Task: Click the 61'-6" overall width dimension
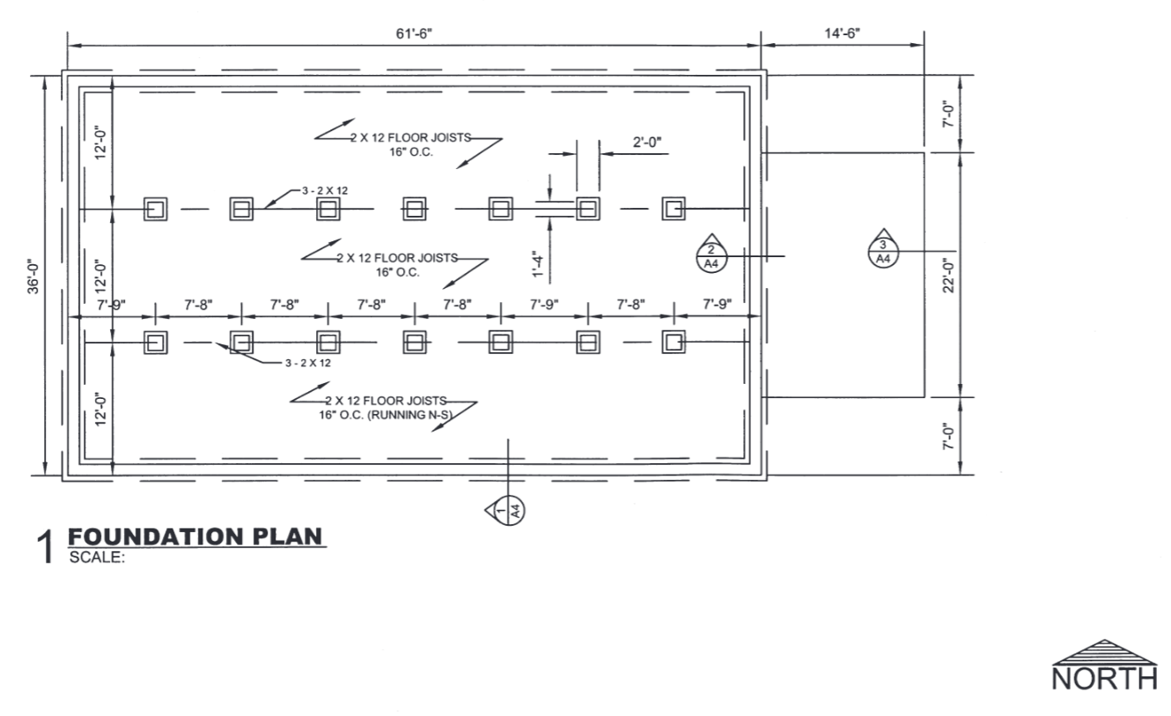point(414,34)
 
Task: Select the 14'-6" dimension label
point(843,33)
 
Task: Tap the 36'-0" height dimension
point(33,277)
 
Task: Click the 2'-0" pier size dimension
point(647,142)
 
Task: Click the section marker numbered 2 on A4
point(711,253)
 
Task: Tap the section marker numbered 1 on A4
point(505,510)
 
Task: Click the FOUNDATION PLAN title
point(195,537)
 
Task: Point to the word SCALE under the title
point(97,557)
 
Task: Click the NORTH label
point(1104,679)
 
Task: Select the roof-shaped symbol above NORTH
point(1104,653)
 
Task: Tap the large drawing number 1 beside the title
point(46,547)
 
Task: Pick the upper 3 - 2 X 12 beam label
point(325,191)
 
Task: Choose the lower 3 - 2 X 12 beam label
point(308,363)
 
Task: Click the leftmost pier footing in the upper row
point(156,210)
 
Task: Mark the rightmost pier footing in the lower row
point(674,342)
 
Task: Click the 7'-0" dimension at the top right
point(948,114)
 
